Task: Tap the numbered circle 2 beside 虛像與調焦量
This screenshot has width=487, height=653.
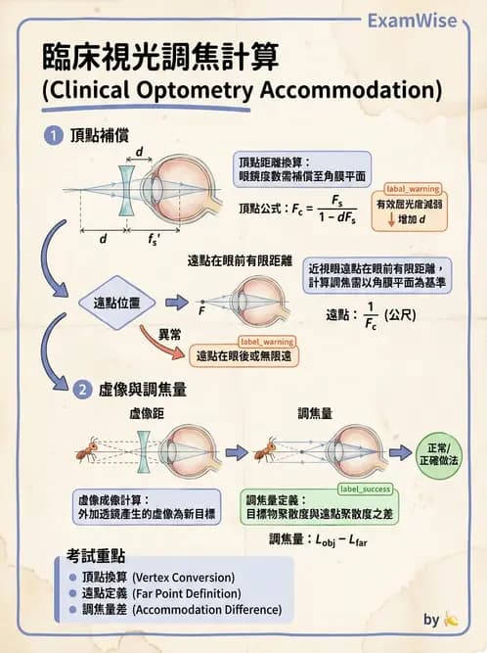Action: click(x=82, y=390)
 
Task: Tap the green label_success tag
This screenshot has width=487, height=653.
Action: click(x=364, y=488)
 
